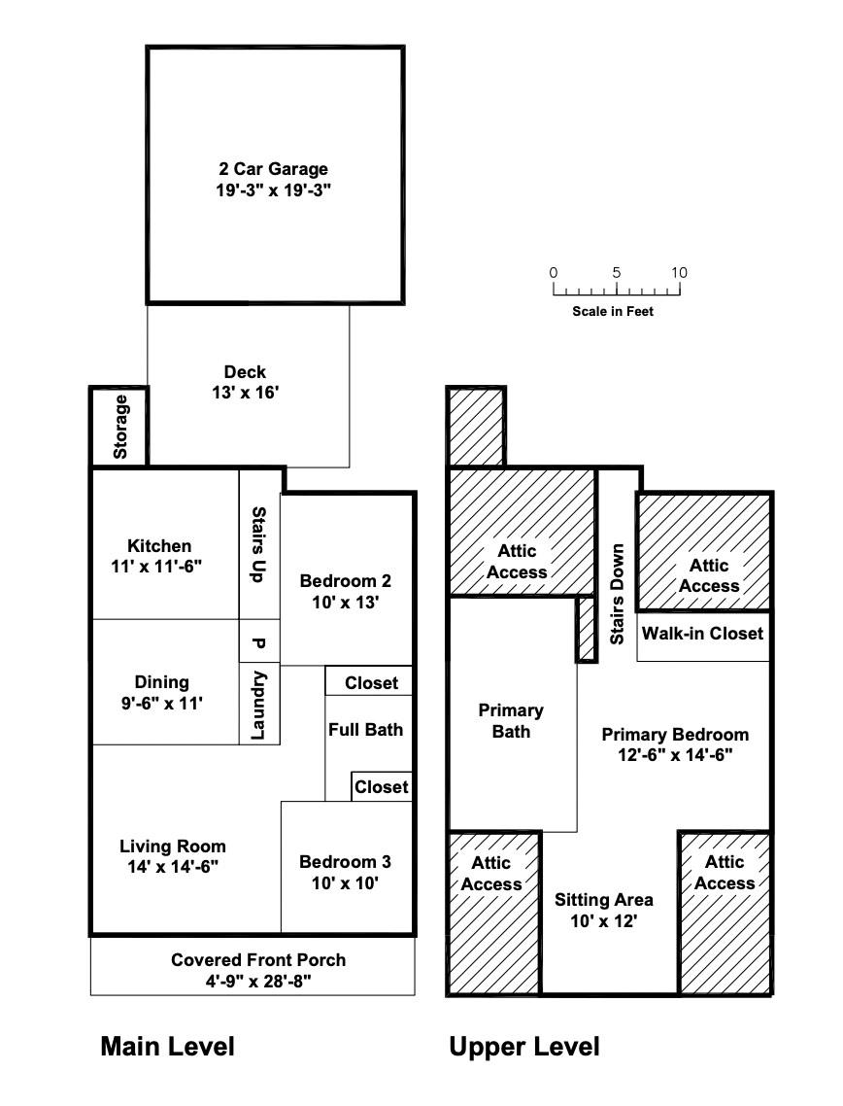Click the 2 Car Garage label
click(274, 169)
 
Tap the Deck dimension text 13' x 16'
click(246, 393)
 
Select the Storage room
click(119, 427)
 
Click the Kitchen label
click(159, 546)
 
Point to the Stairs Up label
click(258, 544)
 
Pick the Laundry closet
click(259, 704)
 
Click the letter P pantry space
click(258, 643)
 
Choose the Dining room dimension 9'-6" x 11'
click(161, 704)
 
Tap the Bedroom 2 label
click(346, 581)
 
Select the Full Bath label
click(366, 729)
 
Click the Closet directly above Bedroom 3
click(382, 786)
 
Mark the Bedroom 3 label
click(346, 862)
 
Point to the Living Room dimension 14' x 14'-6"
click(173, 867)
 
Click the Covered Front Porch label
click(258, 960)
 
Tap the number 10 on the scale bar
click(679, 273)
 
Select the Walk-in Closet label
click(703, 634)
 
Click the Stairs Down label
click(618, 594)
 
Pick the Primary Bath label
click(511, 721)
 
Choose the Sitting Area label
click(604, 900)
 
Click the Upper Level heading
click(524, 1047)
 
